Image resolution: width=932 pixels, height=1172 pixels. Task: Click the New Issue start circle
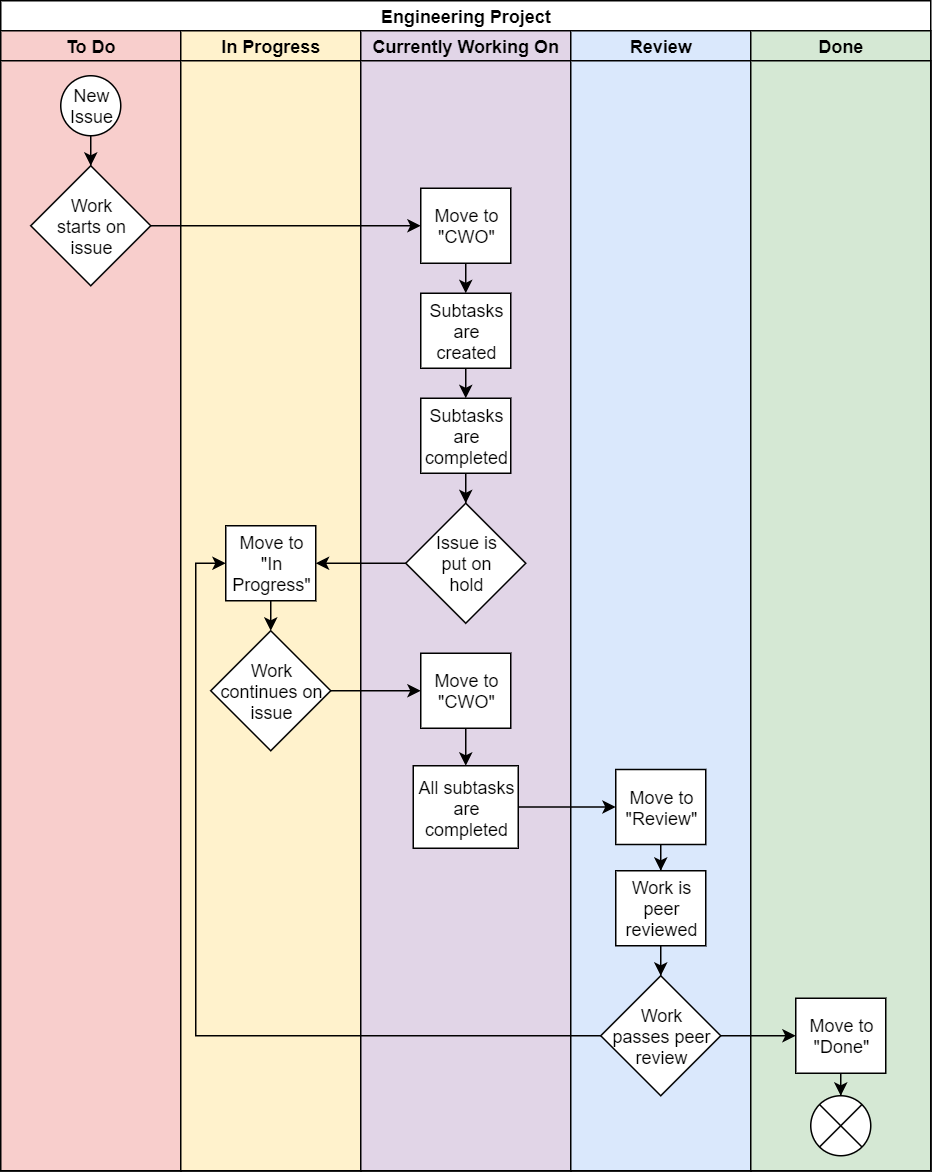91,106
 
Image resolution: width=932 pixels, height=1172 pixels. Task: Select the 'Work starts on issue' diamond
91,226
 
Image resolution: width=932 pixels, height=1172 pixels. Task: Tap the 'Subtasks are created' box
466,331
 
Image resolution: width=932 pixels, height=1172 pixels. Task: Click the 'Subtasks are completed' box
466,436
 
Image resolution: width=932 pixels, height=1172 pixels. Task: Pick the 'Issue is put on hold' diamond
466,563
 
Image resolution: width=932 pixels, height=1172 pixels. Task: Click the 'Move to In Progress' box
271,563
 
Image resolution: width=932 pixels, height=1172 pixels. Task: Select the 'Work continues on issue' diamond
271,691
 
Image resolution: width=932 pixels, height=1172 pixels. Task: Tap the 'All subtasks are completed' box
466,807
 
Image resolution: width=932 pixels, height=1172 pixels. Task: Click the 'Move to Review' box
661,807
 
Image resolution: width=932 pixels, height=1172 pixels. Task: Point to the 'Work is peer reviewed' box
661,908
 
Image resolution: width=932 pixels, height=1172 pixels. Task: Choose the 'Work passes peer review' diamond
661,1036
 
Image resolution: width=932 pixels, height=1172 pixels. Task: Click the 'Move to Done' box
841,1036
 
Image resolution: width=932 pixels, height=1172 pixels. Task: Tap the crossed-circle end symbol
841,1126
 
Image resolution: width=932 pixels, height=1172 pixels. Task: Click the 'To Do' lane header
91,47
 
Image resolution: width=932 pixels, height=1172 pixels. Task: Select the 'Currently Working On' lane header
466,47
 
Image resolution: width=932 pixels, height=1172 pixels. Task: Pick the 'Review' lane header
661,47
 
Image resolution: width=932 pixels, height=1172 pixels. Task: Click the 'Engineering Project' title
466,17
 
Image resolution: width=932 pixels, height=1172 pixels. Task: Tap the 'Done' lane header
841,47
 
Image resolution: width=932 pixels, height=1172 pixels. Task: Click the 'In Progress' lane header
271,47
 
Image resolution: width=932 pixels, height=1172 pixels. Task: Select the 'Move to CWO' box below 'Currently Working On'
466,226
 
